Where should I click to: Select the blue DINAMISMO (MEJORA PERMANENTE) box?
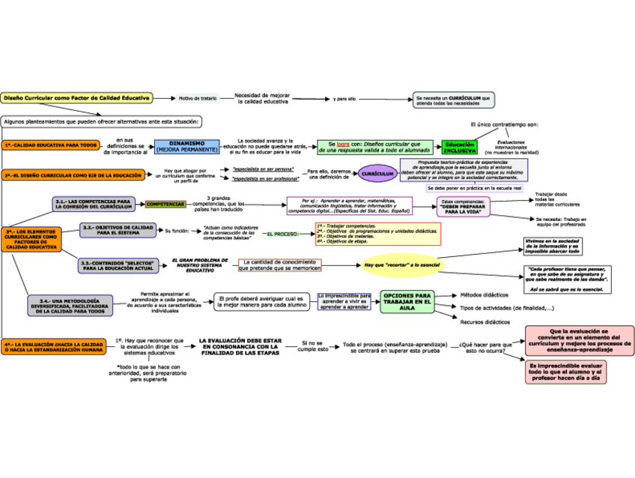click(x=186, y=146)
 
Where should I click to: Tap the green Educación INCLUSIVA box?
click(x=459, y=147)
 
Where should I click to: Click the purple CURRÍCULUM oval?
click(x=377, y=174)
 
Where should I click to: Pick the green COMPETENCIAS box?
click(x=165, y=204)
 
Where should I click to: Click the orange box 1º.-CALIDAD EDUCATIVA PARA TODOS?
click(x=49, y=145)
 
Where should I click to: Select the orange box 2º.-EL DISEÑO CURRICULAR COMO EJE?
click(x=73, y=175)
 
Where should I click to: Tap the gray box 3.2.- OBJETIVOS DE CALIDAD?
click(x=118, y=230)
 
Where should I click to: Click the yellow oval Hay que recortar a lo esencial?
click(x=402, y=265)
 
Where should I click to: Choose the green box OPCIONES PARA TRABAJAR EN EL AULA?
click(x=407, y=301)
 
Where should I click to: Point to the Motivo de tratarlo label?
click(x=198, y=98)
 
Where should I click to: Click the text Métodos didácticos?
click(x=484, y=294)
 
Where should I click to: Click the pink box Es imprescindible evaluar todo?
click(x=565, y=372)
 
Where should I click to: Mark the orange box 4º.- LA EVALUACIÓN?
click(x=52, y=347)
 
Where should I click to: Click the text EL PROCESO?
click(x=282, y=234)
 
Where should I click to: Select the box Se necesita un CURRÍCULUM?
click(x=454, y=100)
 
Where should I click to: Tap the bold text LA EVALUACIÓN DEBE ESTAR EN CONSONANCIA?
click(x=240, y=347)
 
